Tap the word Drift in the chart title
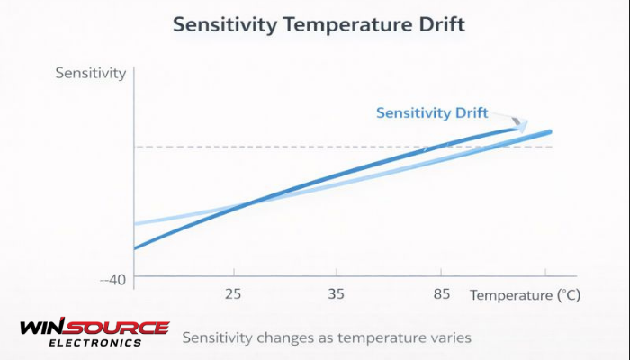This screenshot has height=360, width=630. tap(436, 24)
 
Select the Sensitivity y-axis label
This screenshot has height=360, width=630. tap(91, 73)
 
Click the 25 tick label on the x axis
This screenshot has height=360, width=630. tap(234, 294)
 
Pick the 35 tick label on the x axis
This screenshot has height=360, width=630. tap(337, 294)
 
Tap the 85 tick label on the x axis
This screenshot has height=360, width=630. tap(441, 294)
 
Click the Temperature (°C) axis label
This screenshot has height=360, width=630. tap(526, 294)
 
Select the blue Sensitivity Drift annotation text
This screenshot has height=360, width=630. tap(432, 112)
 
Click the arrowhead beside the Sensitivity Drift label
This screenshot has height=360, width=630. tap(520, 124)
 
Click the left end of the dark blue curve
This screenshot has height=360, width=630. tap(136, 247)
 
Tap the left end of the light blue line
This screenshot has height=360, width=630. tap(136, 223)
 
